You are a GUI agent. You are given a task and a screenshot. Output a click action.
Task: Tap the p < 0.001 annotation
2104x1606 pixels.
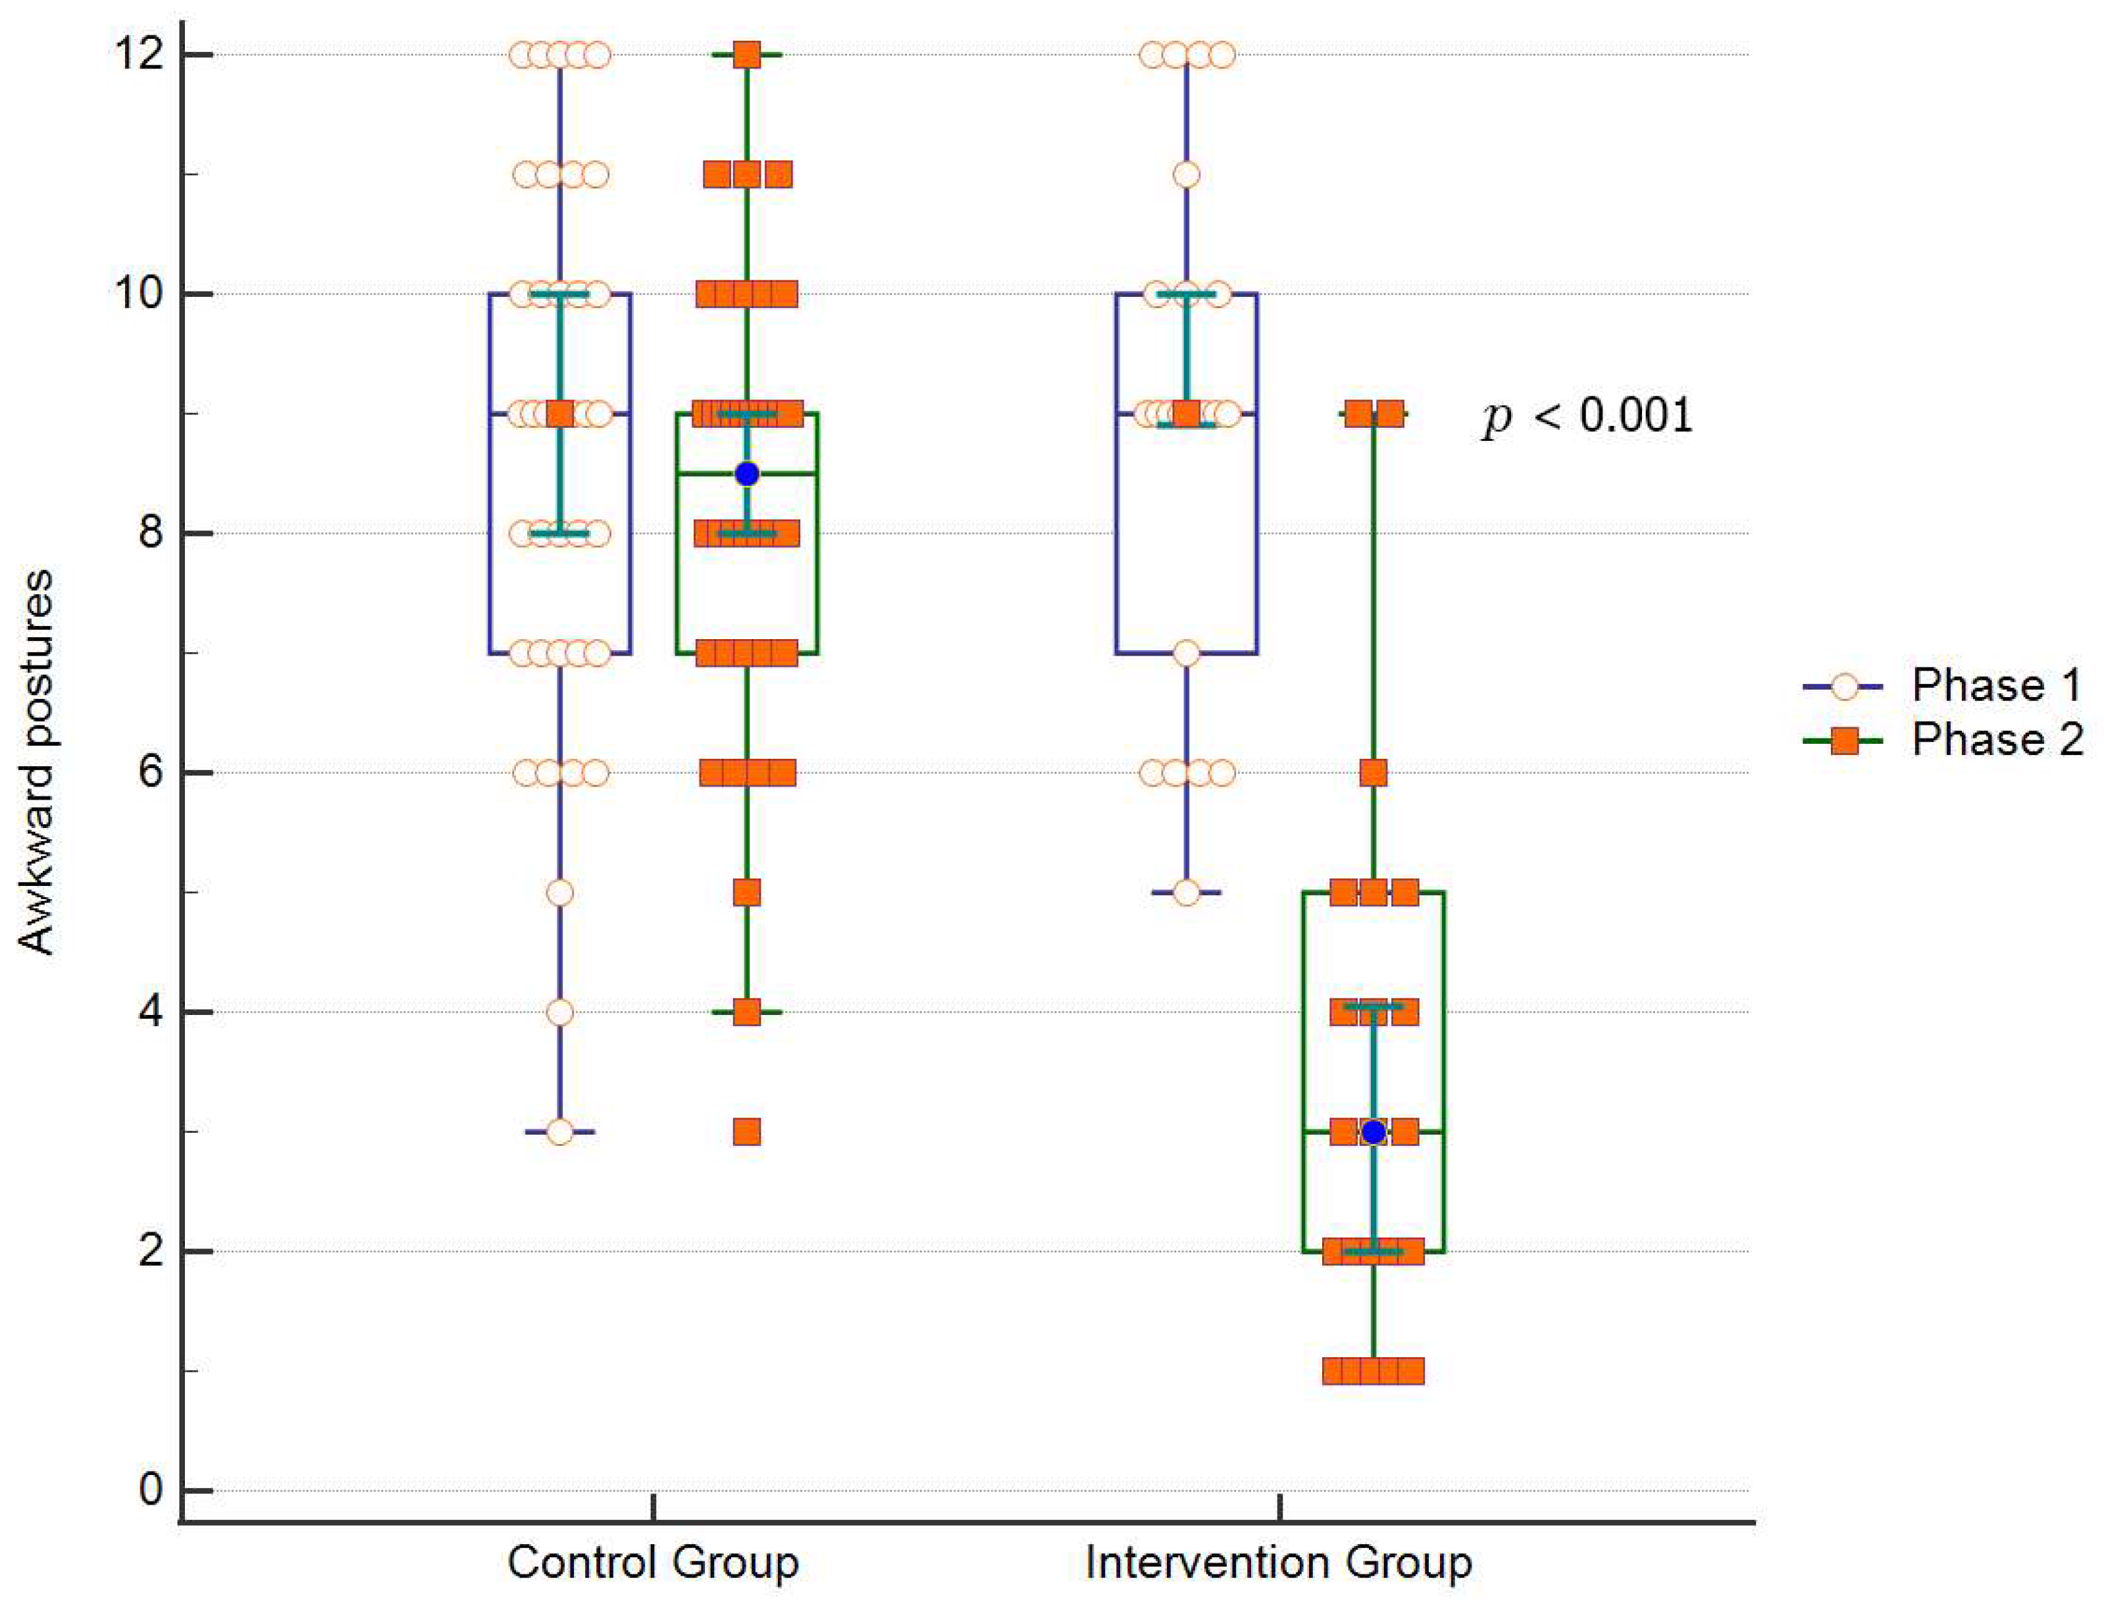(x=1587, y=416)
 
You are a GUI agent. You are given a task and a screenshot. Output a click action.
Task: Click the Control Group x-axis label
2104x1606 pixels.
(x=653, y=1563)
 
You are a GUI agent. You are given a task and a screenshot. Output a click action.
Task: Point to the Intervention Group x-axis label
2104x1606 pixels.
(x=1278, y=1563)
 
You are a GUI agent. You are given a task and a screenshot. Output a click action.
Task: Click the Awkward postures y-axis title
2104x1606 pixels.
(x=36, y=762)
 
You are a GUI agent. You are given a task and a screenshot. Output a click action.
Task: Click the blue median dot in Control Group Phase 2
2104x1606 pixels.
(x=746, y=474)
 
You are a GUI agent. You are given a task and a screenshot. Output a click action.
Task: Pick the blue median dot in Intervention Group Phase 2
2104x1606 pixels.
(x=1373, y=1132)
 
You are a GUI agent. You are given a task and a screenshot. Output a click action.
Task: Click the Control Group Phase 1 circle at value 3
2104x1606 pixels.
(x=560, y=1132)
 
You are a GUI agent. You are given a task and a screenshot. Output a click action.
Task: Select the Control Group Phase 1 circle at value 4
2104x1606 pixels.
(x=560, y=1012)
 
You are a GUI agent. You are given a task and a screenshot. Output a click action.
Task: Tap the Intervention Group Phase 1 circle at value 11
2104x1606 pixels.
(x=1187, y=175)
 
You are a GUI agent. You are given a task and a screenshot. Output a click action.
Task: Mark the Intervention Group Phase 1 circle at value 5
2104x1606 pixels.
(x=1187, y=893)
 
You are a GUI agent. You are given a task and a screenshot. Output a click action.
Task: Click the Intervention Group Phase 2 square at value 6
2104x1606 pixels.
(x=1373, y=773)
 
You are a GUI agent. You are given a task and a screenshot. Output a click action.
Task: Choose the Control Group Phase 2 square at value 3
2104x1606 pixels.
(x=746, y=1132)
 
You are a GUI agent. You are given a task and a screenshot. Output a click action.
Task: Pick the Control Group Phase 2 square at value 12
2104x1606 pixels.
(x=746, y=55)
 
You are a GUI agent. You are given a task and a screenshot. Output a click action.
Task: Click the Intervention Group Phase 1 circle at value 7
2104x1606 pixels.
(x=1187, y=653)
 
